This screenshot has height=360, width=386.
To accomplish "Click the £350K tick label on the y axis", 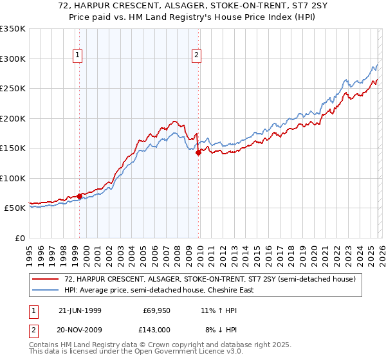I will coord(13,29).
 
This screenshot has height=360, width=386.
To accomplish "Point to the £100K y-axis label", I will coord(13,178).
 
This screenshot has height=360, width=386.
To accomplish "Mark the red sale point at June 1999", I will coord(79,196).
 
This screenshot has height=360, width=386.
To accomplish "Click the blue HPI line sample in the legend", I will coord(46,290).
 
